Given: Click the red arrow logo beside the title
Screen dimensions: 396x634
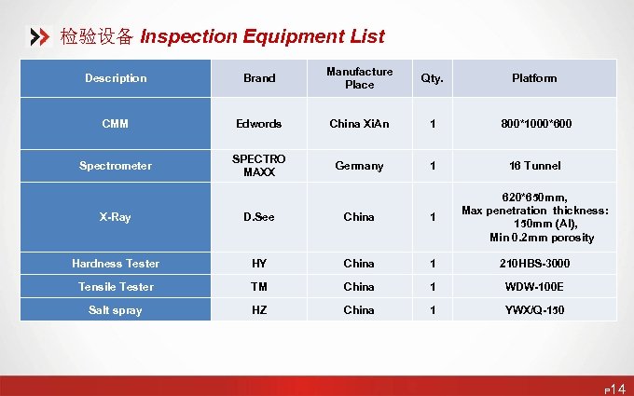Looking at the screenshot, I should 40,37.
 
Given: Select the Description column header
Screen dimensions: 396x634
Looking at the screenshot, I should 116,78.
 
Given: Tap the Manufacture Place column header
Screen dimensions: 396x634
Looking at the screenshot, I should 359,78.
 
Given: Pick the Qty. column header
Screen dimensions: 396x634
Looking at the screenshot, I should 432,78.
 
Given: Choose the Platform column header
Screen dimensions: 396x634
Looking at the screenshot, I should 534,78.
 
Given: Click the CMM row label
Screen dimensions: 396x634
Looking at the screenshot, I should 116,123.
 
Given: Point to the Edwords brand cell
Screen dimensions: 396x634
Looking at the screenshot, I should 258,123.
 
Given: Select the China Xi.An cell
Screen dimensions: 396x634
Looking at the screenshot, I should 359,123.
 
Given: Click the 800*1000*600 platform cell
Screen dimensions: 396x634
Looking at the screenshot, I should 534,123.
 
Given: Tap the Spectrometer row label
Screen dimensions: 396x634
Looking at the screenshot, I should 116,166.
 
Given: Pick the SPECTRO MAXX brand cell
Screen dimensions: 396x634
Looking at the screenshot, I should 258,166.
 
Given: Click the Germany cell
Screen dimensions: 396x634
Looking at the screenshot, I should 359,166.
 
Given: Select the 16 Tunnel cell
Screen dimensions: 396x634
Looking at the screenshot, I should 534,166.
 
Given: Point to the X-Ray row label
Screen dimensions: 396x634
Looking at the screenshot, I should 116,217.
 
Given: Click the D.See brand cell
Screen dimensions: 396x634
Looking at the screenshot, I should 258,217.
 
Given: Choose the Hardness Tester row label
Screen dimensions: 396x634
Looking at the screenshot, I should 116,264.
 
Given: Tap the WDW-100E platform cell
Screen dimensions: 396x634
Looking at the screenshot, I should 534,287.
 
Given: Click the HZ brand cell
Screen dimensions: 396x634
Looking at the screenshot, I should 258,310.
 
